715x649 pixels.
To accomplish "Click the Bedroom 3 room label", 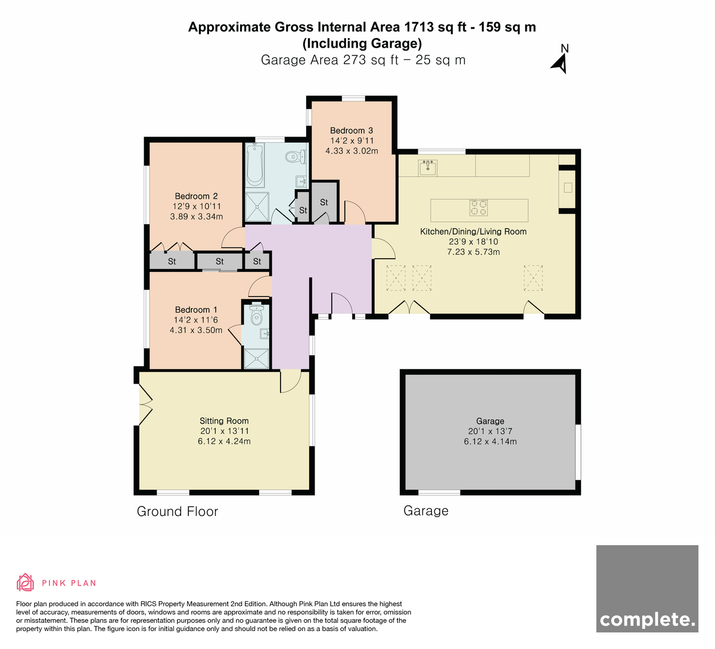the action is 351,131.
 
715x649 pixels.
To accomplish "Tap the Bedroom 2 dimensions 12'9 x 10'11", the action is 197,206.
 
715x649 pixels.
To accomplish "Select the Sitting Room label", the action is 224,421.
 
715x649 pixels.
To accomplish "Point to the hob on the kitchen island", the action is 478,208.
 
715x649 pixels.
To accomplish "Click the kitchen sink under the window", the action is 428,168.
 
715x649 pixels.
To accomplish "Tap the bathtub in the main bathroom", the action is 255,165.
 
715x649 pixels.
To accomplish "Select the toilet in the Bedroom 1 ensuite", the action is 256,314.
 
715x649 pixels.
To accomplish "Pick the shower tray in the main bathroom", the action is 257,206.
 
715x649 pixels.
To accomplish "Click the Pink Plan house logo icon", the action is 25,583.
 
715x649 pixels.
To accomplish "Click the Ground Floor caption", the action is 177,512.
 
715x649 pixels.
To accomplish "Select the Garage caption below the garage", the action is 426,511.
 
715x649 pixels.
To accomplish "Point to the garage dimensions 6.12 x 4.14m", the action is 490,441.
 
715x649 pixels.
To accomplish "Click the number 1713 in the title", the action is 419,27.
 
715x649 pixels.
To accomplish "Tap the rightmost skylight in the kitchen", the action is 533,278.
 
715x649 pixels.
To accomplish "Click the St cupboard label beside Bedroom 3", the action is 324,202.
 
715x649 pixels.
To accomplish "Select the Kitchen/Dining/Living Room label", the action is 473,231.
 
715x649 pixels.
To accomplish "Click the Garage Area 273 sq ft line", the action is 363,60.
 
